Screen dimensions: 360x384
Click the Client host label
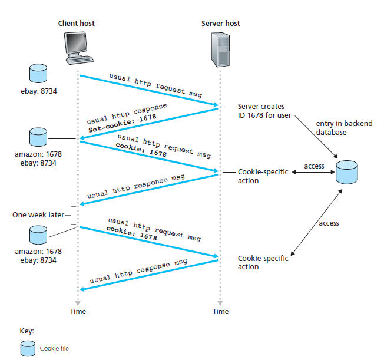pos(76,23)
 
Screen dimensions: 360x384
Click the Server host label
pos(221,23)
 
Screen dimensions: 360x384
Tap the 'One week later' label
pos(38,215)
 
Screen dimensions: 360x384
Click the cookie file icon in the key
pos(27,349)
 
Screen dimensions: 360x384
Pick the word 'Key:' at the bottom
pos(27,331)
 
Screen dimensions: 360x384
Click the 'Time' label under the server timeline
pos(221,311)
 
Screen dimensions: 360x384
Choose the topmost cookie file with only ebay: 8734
pos(38,73)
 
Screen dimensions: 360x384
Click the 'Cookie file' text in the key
pos(54,349)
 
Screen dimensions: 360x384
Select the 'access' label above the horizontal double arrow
pos(314,166)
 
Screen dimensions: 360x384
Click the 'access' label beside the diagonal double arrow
pos(329,223)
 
